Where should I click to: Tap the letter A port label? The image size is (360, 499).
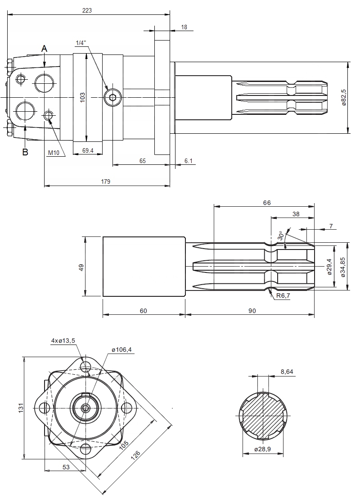[x=44, y=48]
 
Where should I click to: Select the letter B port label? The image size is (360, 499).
[x=25, y=152]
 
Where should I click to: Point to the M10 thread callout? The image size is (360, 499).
[x=54, y=153]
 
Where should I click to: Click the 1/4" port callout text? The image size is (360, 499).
[x=81, y=43]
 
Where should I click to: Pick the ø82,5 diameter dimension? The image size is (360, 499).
[x=343, y=97]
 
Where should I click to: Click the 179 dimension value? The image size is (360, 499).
[x=106, y=181]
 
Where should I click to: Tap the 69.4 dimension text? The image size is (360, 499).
[x=88, y=151]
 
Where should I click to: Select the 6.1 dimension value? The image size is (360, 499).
[x=188, y=161]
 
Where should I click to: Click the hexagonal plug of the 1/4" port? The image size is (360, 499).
[x=112, y=97]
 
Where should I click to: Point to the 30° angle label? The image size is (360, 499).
[x=281, y=235]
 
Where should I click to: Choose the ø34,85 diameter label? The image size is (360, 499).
[x=343, y=267]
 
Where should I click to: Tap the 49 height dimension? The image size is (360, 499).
[x=81, y=267]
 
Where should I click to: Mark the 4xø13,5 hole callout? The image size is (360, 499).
[x=63, y=341]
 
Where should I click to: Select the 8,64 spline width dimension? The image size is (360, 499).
[x=287, y=372]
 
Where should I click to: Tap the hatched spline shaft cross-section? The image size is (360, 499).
[x=263, y=414]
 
